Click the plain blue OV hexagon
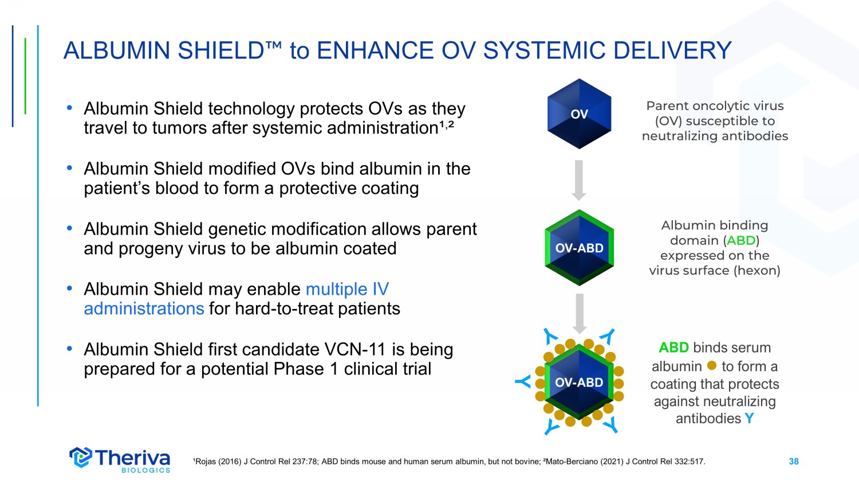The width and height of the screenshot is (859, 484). coord(579,114)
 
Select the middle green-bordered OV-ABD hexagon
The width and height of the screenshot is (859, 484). coord(579,248)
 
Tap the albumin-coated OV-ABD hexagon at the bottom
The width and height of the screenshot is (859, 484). coord(579,382)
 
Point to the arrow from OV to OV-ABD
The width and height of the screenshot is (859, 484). coord(579,180)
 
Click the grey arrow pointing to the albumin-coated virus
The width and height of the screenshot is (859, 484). coord(580,314)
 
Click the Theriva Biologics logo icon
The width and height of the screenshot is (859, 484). coord(81,457)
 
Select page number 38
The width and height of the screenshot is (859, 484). coord(793,461)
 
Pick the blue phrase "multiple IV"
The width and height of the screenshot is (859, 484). coord(348,289)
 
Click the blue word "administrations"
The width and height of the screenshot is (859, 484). coord(144,309)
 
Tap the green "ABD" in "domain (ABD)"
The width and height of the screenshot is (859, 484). coord(741,240)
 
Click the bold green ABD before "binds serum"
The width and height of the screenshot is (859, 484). coord(674,348)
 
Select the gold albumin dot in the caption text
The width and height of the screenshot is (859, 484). coord(712,365)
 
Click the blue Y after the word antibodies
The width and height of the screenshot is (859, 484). coord(749,418)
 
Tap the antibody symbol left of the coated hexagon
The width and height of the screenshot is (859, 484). coord(523,382)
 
